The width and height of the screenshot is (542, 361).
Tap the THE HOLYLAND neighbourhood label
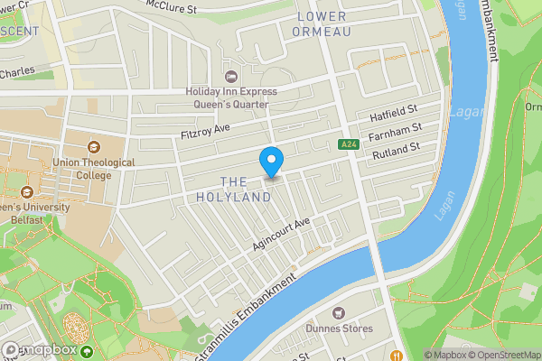(x=233, y=190)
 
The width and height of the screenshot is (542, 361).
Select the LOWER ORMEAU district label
(x=321, y=23)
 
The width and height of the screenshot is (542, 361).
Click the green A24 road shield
(x=349, y=144)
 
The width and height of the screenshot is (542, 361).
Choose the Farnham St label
(x=397, y=134)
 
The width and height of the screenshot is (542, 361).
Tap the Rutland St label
(x=397, y=152)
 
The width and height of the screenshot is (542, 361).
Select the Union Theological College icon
(x=95, y=146)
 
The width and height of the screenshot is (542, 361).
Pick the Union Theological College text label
(x=95, y=169)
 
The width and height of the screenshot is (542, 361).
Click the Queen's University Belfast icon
(x=26, y=191)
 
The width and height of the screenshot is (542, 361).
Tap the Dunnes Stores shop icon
(x=340, y=312)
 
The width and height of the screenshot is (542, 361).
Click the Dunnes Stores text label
(x=340, y=329)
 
